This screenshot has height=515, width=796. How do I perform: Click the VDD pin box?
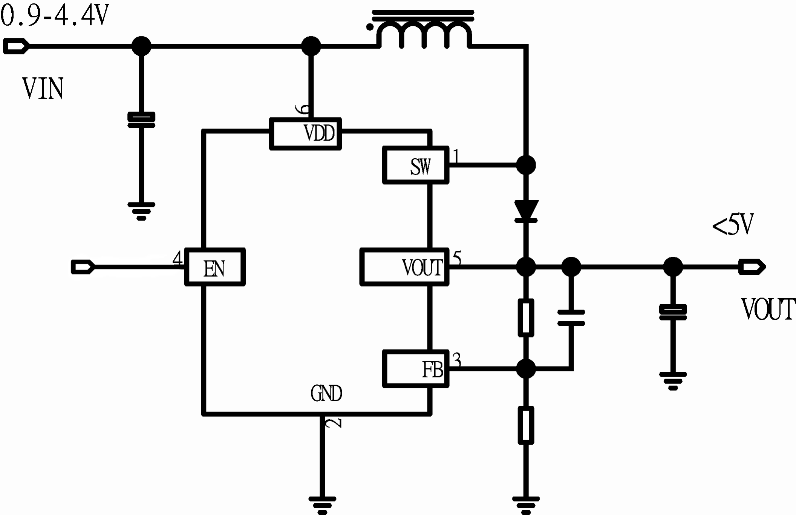click(305, 134)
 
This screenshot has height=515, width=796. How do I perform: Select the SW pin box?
click(415, 165)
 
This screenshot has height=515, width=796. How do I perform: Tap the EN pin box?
click(215, 267)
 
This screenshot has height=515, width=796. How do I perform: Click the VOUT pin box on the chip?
click(404, 267)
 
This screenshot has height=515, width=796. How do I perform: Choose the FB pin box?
click(415, 369)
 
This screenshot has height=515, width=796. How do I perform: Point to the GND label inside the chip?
click(326, 394)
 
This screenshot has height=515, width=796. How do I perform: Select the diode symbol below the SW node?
click(526, 210)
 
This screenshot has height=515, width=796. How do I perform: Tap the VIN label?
click(43, 89)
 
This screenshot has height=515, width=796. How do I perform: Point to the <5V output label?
click(733, 225)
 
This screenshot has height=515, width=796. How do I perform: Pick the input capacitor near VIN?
click(141, 120)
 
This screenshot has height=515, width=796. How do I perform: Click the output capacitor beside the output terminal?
click(673, 312)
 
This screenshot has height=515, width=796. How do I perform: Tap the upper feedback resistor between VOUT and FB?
click(526, 317)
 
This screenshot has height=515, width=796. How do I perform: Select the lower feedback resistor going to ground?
click(526, 425)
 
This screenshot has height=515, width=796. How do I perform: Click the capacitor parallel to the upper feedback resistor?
click(571, 317)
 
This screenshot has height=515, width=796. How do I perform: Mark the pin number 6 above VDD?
click(302, 109)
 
